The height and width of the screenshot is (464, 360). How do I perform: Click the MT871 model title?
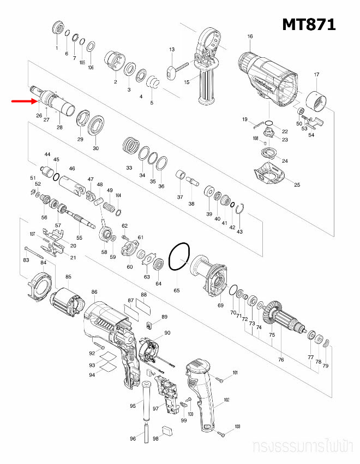(308, 25)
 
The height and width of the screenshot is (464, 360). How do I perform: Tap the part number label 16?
(250, 37)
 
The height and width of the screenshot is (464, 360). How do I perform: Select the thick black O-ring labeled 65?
(179, 257)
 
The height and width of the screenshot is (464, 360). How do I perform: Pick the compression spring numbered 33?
(131, 146)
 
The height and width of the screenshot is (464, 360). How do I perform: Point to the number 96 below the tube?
(133, 439)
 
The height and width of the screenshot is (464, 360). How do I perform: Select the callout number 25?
(297, 185)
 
